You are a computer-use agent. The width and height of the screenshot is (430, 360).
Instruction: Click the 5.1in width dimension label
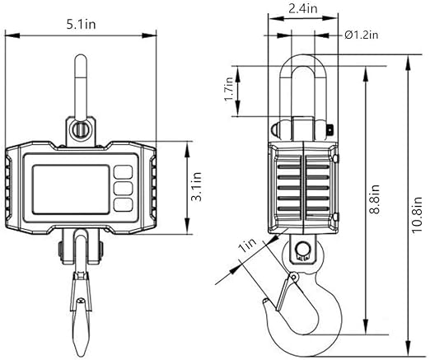(x=81, y=25)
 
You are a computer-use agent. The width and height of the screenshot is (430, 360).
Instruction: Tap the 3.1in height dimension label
(x=197, y=187)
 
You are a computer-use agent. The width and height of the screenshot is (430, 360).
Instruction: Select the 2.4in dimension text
(x=302, y=8)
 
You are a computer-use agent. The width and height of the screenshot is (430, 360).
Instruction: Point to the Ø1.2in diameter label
(x=362, y=35)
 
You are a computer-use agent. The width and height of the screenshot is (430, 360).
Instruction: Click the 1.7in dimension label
(x=229, y=89)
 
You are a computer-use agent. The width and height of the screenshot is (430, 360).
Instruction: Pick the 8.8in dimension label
(x=375, y=199)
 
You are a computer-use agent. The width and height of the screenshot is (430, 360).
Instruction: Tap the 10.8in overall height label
(x=417, y=215)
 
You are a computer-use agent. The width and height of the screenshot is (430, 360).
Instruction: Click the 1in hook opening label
(x=248, y=245)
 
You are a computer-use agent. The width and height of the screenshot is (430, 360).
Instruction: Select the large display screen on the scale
(x=71, y=189)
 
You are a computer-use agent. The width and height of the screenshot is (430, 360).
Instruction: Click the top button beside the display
(x=124, y=172)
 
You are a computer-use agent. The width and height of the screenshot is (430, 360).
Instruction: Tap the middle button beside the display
(x=124, y=189)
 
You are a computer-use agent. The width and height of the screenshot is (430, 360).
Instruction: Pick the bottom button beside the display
(x=124, y=205)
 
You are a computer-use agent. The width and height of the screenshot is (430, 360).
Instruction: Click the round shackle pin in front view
(x=80, y=129)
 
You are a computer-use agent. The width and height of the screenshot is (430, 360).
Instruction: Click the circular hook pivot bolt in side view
(x=302, y=249)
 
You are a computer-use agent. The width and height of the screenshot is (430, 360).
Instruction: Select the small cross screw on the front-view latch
(x=81, y=301)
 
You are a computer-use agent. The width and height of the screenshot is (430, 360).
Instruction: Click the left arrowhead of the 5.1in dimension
(x=12, y=35)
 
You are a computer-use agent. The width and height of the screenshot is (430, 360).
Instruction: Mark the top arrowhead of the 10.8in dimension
(x=409, y=64)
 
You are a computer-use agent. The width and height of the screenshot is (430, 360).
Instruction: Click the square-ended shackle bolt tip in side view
(x=330, y=129)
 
